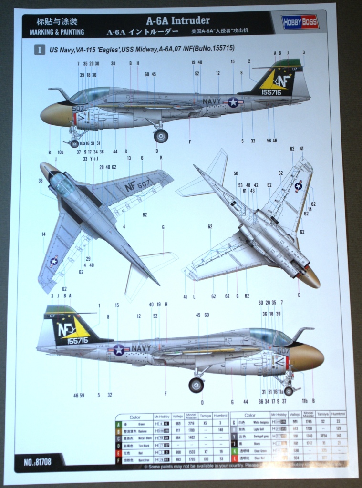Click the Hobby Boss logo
click(300, 22)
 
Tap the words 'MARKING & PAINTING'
click(57, 32)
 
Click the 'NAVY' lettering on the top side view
click(212, 101)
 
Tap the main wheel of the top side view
click(161, 136)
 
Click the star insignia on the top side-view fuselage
click(233, 102)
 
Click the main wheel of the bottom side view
click(196, 385)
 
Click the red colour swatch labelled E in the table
click(118, 451)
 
